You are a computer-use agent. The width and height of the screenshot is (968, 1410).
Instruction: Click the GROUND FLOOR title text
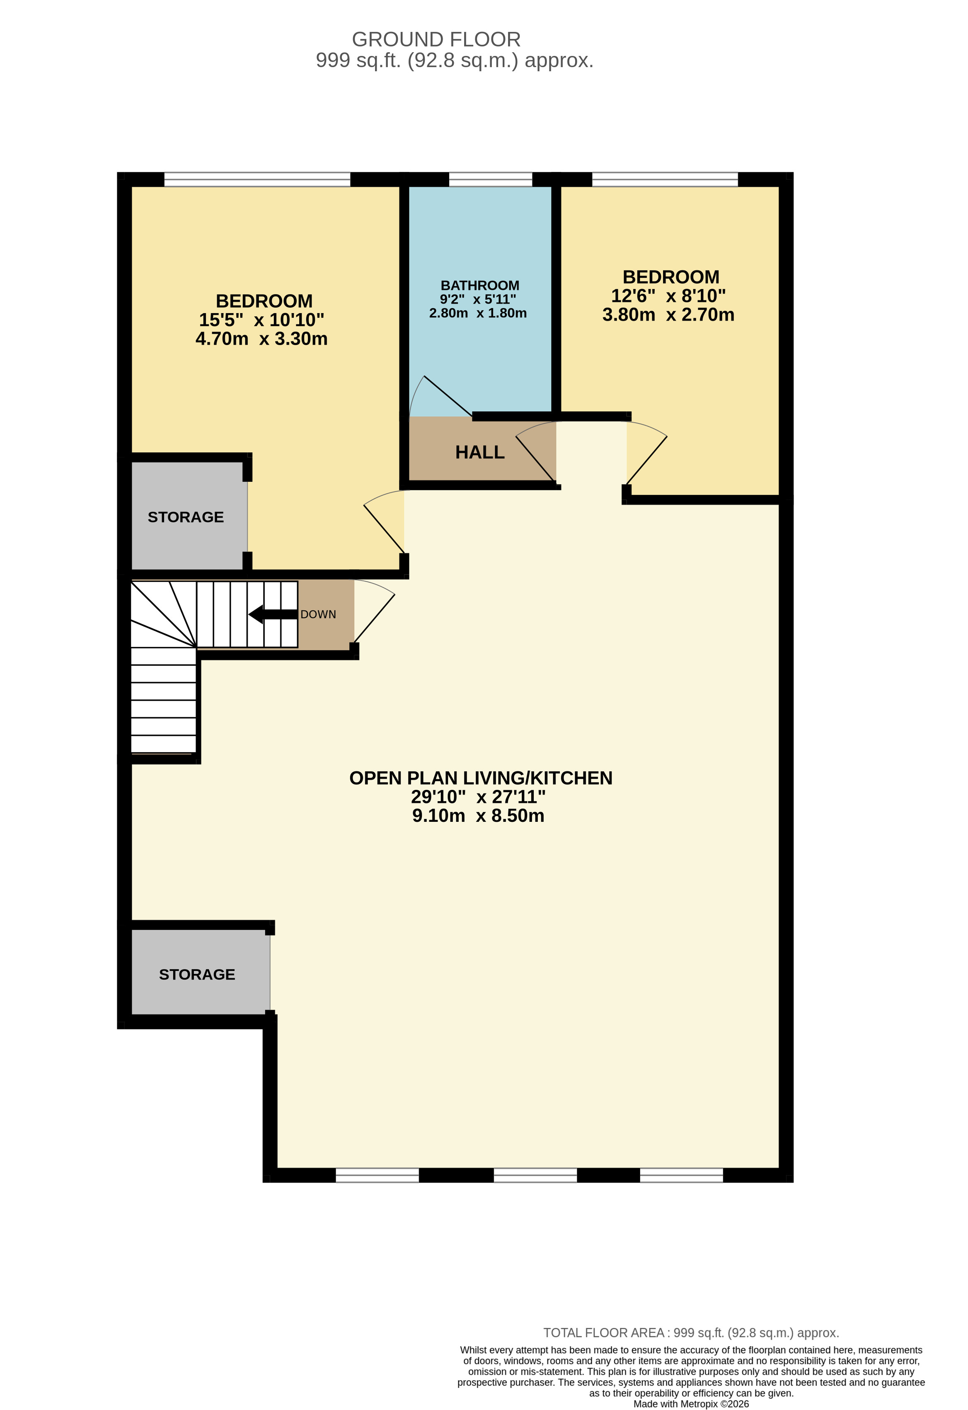436,39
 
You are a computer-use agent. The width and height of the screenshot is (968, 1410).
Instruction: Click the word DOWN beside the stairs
318,615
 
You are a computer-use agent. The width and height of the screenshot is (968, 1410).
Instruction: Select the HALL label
479,452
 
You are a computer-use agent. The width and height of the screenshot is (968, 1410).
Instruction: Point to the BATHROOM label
479,285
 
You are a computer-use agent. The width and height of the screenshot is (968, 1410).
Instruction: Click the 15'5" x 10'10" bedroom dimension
261,320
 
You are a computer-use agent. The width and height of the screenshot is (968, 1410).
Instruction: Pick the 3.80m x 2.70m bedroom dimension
668,314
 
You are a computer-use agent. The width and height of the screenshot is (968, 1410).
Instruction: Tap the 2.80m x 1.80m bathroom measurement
478,313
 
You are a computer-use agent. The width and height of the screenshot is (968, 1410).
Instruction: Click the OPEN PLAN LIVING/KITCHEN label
481,778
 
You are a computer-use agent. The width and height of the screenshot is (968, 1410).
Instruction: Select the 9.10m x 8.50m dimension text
478,816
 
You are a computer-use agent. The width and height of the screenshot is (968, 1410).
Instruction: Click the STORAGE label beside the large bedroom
186,517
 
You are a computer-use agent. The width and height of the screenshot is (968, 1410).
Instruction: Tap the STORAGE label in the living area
197,974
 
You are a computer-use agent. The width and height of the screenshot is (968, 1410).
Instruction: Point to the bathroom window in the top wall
490,180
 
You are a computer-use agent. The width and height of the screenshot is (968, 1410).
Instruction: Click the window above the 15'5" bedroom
257,180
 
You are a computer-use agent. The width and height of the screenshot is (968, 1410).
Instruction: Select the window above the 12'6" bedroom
665,180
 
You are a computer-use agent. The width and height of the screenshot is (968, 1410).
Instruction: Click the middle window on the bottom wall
535,1175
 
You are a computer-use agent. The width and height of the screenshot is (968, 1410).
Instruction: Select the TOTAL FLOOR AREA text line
691,1333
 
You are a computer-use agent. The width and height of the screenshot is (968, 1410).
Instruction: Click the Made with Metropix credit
691,1404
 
